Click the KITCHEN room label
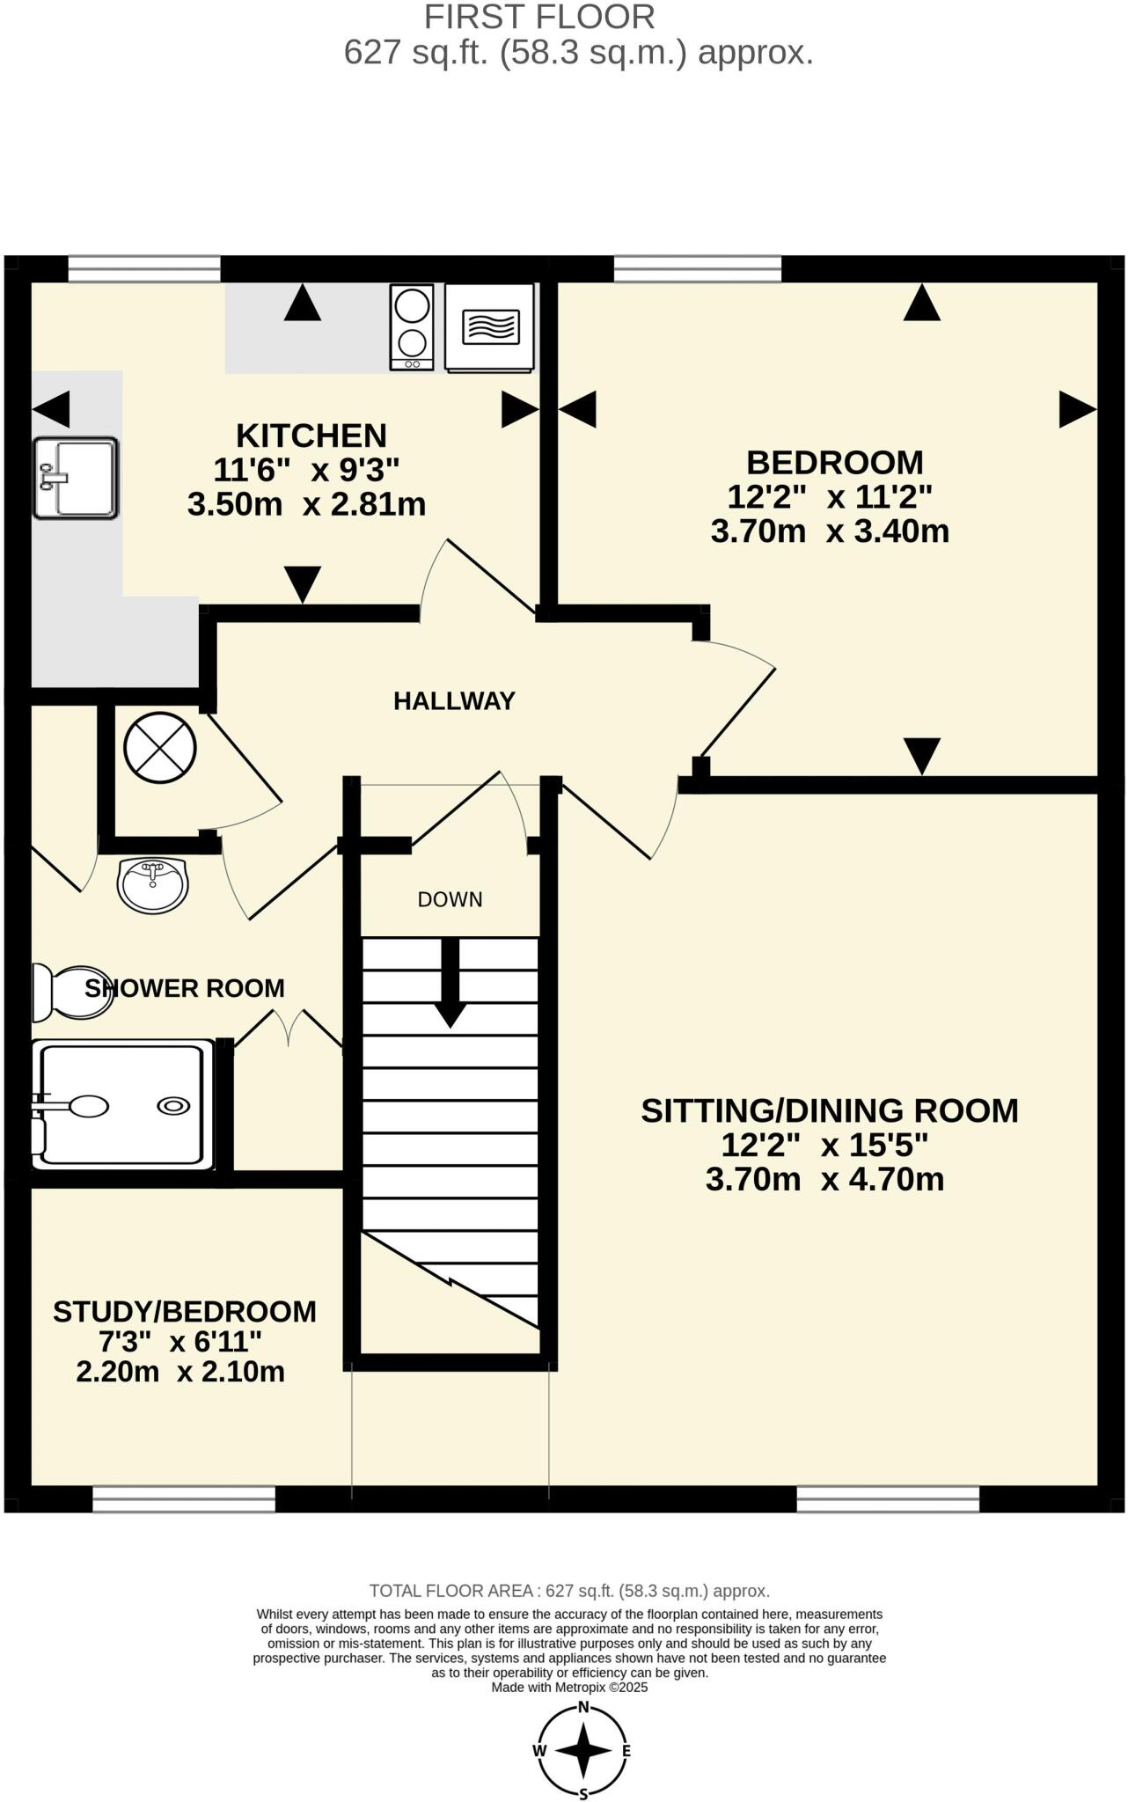(311, 436)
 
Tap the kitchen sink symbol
(76, 478)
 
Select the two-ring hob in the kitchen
(412, 326)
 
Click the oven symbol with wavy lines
(490, 326)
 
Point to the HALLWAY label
(454, 701)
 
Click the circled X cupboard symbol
(160, 749)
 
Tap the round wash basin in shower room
(153, 884)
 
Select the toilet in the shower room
(70, 992)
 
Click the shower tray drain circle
(172, 1106)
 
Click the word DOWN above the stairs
(450, 899)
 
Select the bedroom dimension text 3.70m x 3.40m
(830, 531)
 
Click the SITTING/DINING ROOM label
(829, 1110)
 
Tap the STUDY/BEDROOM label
(185, 1311)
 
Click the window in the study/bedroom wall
(184, 1498)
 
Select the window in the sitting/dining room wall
(888, 1498)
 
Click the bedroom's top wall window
(697, 269)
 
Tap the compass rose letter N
(583, 1706)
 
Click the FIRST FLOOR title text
(539, 17)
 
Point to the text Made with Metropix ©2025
(569, 1687)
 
